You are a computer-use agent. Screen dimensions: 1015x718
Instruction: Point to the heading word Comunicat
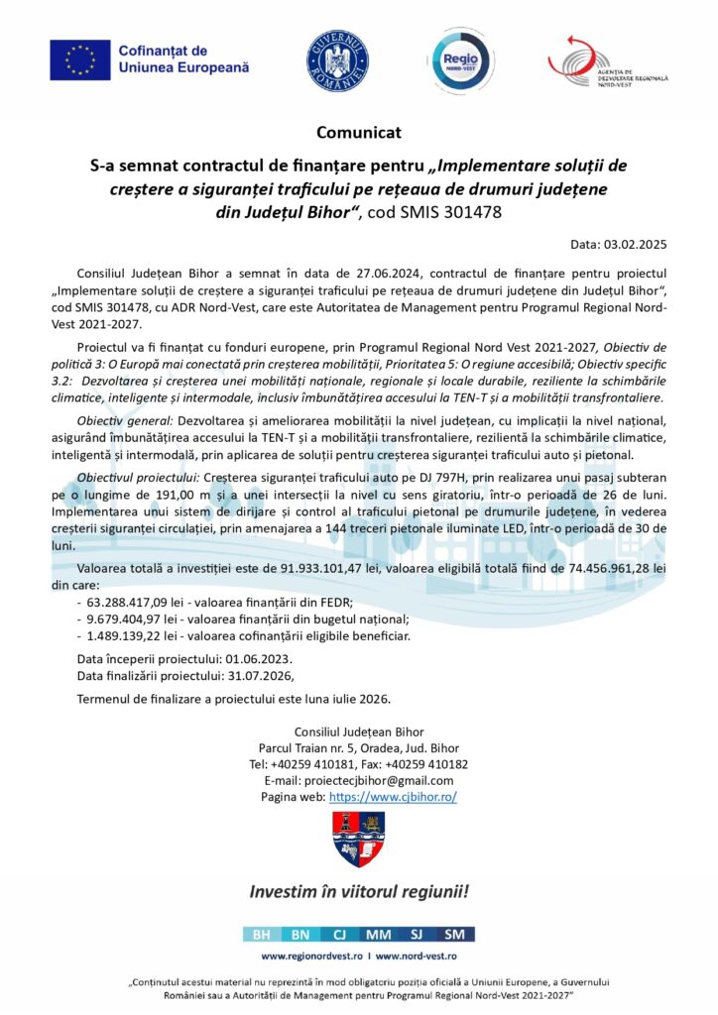pos(359,132)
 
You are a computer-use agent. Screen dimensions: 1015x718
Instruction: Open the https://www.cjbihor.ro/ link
pos(393,796)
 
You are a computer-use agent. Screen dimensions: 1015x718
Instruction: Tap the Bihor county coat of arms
pos(358,839)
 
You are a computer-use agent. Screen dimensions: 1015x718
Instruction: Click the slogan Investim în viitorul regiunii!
pos(359,890)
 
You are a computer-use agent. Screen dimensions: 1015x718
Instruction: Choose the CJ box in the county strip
pos(338,934)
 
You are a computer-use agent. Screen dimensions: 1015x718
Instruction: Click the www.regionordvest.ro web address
pos(309,957)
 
